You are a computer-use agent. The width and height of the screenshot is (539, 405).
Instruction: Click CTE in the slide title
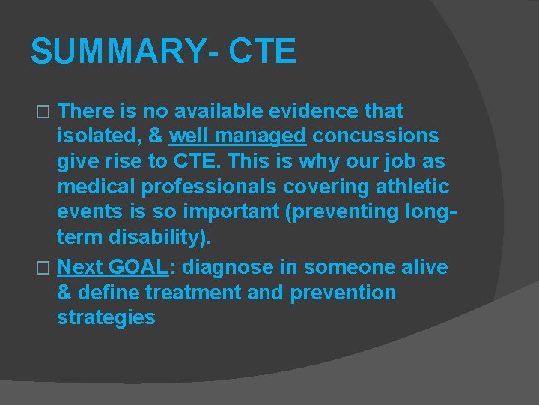pyautogui.click(x=262, y=52)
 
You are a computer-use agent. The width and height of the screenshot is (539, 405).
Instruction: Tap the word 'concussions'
pyautogui.click(x=376, y=137)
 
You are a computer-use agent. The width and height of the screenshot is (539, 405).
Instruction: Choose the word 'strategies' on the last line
pyautogui.click(x=106, y=317)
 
